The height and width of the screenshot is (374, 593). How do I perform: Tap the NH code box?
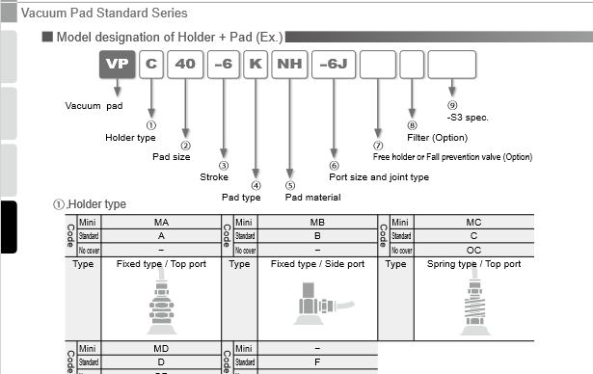pos(287,66)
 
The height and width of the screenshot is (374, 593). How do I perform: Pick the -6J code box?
pos(335,66)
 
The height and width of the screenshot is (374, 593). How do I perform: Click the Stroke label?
pos(214,177)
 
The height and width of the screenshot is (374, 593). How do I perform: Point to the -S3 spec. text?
pos(469,118)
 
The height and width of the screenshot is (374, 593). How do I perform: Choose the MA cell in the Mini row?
pos(161,223)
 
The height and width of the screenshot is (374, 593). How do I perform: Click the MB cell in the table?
pos(317,223)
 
